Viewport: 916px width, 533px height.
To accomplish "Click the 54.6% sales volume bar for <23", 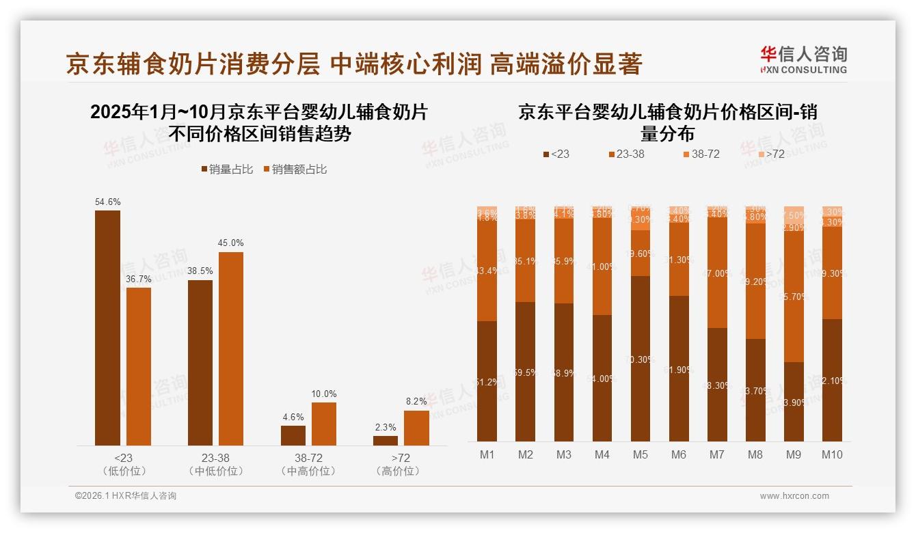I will [107, 328].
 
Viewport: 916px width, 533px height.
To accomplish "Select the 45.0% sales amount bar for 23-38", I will [230, 348].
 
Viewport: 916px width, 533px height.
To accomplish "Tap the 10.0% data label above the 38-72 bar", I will [324, 394].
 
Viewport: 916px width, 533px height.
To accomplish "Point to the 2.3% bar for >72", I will [386, 441].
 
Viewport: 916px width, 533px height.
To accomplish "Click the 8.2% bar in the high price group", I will [416, 428].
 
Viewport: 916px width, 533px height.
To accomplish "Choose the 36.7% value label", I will [139, 279].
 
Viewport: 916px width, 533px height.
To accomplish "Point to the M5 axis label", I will [641, 454].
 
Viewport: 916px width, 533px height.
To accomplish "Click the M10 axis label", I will [832, 454].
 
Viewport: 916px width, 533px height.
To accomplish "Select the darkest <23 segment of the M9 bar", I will [794, 402].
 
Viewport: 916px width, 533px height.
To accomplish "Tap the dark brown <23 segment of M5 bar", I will [641, 359].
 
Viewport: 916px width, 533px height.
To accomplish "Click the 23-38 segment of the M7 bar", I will [717, 273].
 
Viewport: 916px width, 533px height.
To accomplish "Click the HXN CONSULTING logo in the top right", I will [803, 60].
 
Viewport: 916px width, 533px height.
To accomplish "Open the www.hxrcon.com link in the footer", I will [794, 496].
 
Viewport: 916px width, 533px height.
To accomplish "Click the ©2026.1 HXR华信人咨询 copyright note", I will [126, 496].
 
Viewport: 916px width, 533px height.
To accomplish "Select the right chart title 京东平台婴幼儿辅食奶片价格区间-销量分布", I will [667, 122].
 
